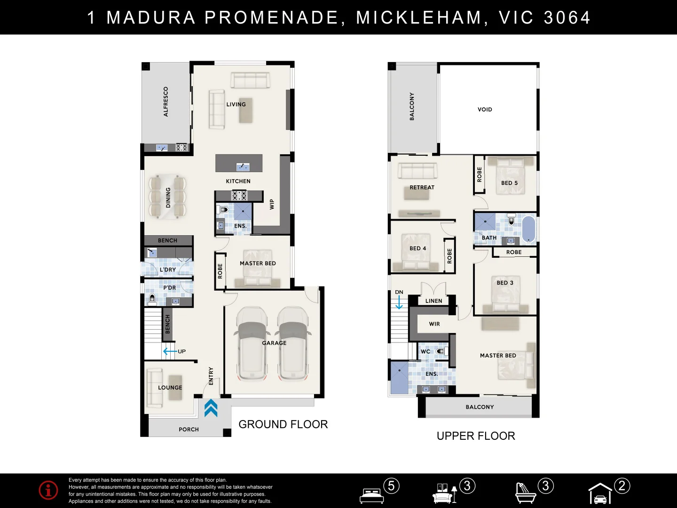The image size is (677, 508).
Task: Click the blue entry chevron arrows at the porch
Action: pyautogui.click(x=211, y=408)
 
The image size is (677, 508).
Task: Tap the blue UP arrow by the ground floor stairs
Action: pyautogui.click(x=170, y=351)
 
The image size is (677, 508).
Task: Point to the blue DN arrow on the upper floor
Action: pyautogui.click(x=399, y=302)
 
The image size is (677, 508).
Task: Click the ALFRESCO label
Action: pyautogui.click(x=165, y=102)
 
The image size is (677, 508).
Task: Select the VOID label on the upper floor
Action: pyautogui.click(x=485, y=110)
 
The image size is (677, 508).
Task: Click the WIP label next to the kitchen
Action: pyautogui.click(x=272, y=204)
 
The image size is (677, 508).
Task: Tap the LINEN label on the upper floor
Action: pyautogui.click(x=433, y=301)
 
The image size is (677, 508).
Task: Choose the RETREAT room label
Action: pyautogui.click(x=422, y=187)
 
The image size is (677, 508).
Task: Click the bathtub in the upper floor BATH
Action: pyautogui.click(x=528, y=229)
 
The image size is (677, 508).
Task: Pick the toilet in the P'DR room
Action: pyautogui.click(x=152, y=299)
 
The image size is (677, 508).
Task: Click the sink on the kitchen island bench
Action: pyautogui.click(x=243, y=167)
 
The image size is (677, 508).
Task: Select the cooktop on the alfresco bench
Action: pyautogui.click(x=181, y=147)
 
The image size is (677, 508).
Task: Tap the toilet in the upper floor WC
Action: pyautogui.click(x=441, y=351)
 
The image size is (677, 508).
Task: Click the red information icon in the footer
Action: pyautogui.click(x=48, y=490)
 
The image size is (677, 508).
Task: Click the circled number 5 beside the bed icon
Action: pyautogui.click(x=392, y=486)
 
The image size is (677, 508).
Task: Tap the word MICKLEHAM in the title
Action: pyautogui.click(x=418, y=17)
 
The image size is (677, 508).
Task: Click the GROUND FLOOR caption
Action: pyautogui.click(x=283, y=424)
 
